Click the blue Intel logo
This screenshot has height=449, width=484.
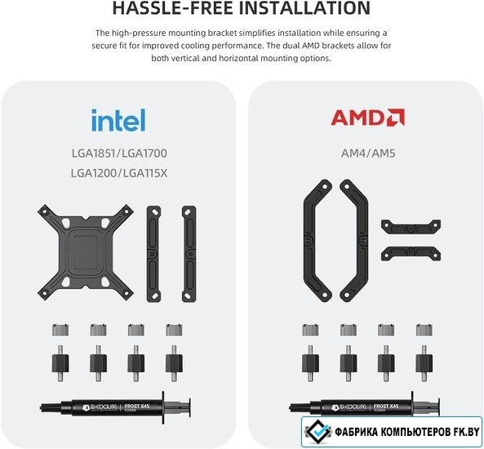(x=118, y=120)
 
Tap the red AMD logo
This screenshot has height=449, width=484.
(x=367, y=117)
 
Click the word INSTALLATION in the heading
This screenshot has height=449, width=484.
(x=305, y=8)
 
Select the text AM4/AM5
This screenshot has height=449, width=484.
(x=368, y=153)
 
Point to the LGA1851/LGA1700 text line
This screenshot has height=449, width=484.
(x=119, y=153)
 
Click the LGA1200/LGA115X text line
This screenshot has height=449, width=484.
(x=119, y=173)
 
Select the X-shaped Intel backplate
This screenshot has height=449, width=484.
(x=86, y=252)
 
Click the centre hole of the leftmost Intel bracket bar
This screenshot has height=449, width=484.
(x=153, y=254)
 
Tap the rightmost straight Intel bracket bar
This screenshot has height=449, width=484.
(x=189, y=254)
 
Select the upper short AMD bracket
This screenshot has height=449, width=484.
(x=411, y=227)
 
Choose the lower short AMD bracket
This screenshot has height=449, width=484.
(x=411, y=253)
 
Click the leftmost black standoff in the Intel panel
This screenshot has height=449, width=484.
(x=60, y=362)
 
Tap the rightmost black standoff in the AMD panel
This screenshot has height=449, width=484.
(x=424, y=362)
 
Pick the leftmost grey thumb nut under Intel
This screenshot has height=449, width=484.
(x=60, y=330)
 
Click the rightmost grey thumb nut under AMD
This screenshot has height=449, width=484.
(x=424, y=330)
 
